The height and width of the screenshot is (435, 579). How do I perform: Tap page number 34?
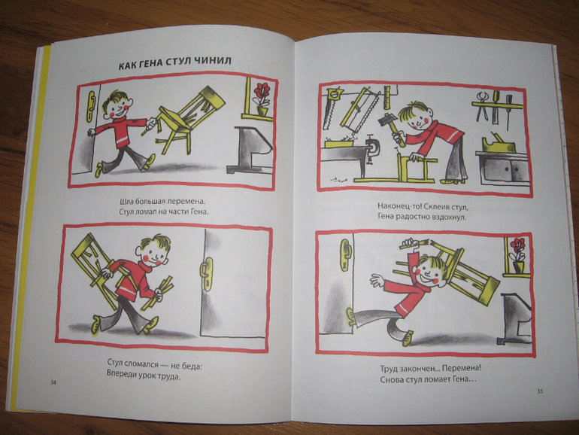tap(53, 382)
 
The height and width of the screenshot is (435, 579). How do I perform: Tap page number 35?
tap(540, 391)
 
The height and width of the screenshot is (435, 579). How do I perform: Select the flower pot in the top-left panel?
tap(262, 110)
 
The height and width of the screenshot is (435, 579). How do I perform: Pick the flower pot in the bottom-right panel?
tap(518, 266)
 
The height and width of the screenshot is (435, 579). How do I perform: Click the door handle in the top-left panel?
tap(91, 105)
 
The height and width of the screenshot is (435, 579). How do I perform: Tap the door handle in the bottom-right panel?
tap(345, 255)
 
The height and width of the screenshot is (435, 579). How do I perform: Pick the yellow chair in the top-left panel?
tap(185, 118)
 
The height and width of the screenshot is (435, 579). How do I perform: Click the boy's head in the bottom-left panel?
tap(153, 250)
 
